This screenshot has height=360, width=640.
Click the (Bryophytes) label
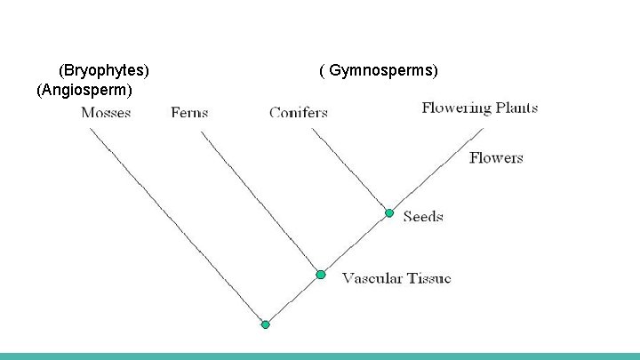click(x=104, y=69)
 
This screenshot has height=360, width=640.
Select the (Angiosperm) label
click(x=84, y=90)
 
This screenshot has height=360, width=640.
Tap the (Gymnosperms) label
click(x=379, y=69)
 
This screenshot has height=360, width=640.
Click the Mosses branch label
click(x=106, y=113)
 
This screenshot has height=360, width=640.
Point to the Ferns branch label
click(x=189, y=113)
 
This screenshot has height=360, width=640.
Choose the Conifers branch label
click(x=299, y=113)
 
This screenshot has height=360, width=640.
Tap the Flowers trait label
click(x=496, y=158)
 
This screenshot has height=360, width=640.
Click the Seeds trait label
click(x=422, y=216)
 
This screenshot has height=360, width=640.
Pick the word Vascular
click(x=372, y=278)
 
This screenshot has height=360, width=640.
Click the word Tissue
click(x=429, y=278)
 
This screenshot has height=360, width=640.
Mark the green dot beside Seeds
click(x=388, y=213)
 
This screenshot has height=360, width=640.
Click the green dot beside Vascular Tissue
click(x=321, y=275)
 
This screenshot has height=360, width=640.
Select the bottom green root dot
click(x=265, y=324)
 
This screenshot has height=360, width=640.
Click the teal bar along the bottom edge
click(x=320, y=356)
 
